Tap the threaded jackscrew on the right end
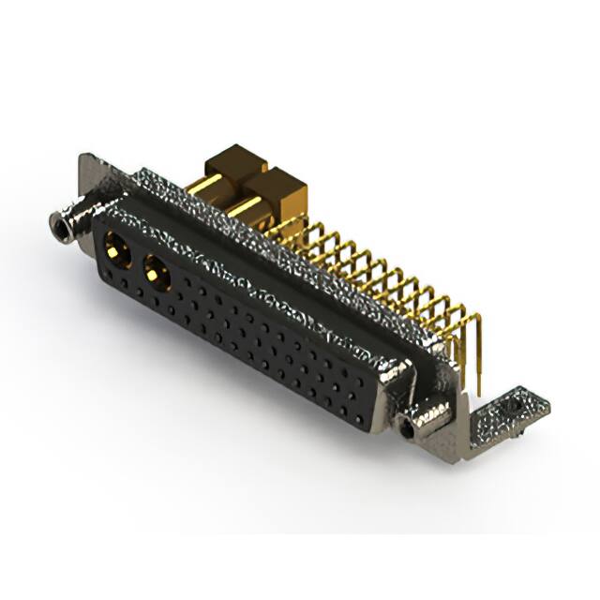coord(411,427)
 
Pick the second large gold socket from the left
coord(154,274)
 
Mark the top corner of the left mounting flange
coord(87,159)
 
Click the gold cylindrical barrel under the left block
coord(217,195)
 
